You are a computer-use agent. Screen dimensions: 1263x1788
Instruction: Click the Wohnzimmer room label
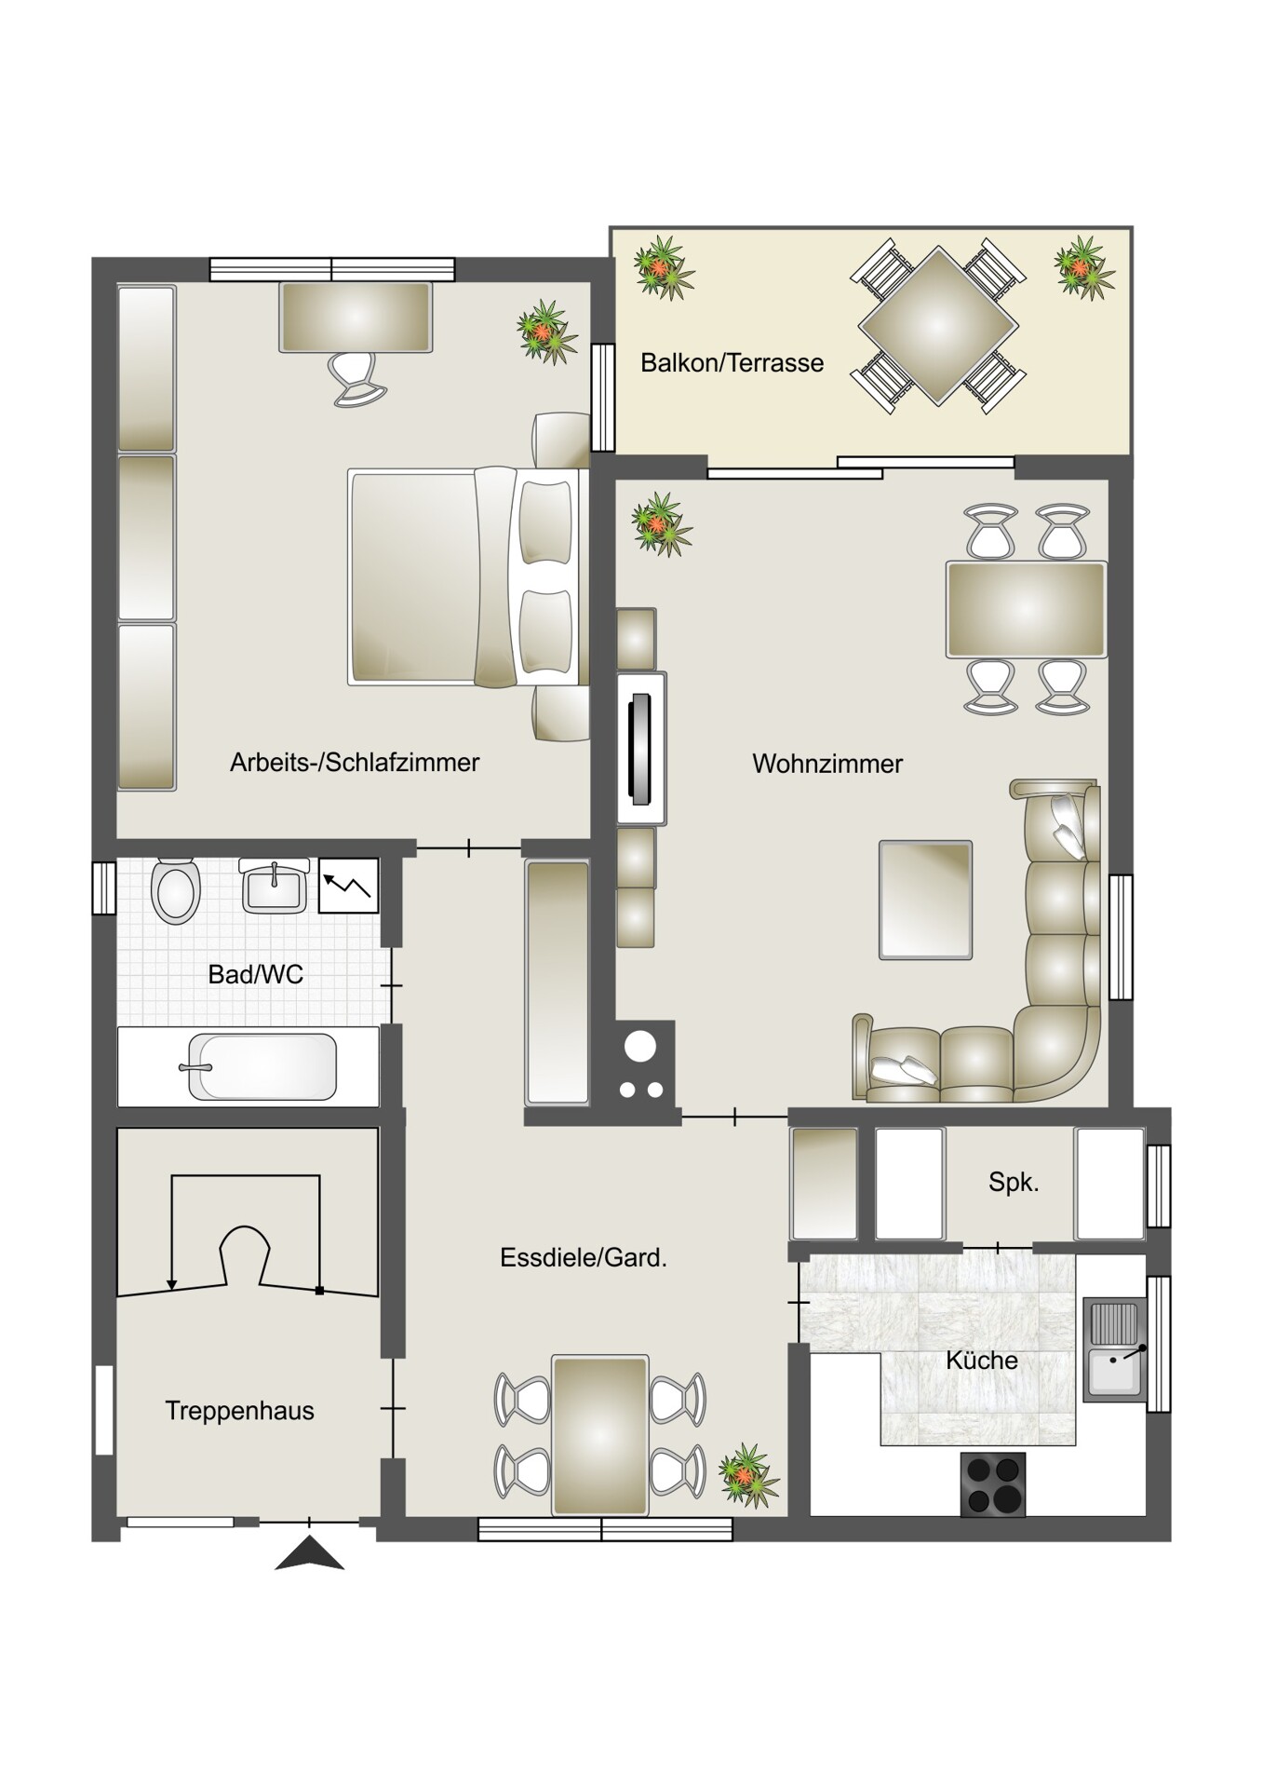[x=827, y=765]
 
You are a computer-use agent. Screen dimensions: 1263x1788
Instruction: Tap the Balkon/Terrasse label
[x=732, y=363]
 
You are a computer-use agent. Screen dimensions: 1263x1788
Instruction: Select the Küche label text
[x=982, y=1361]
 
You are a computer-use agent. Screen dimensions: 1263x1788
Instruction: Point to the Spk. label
[x=1014, y=1184]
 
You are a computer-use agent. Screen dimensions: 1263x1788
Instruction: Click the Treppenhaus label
[x=239, y=1411]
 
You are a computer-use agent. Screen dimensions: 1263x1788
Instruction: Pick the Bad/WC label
[x=256, y=975]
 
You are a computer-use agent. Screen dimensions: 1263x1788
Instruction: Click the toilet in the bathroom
[x=176, y=890]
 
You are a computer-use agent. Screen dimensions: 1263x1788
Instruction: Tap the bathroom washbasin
[x=275, y=887]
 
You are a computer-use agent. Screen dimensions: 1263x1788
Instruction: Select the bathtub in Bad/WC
[x=261, y=1066]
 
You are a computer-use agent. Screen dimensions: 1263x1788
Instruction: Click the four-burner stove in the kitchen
[x=992, y=1484]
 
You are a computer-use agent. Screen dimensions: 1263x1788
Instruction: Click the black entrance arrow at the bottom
[x=310, y=1554]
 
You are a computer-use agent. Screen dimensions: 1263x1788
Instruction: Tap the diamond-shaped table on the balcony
[x=937, y=326]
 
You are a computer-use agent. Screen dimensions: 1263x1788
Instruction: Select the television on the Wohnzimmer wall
[x=640, y=749]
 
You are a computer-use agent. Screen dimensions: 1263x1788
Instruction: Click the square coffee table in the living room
[x=926, y=900]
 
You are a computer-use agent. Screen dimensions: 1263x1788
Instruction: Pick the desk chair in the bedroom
[x=357, y=378]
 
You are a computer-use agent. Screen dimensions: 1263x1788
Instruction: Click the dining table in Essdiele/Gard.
[x=600, y=1435]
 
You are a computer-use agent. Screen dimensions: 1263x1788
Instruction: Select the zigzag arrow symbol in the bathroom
[x=349, y=886]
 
